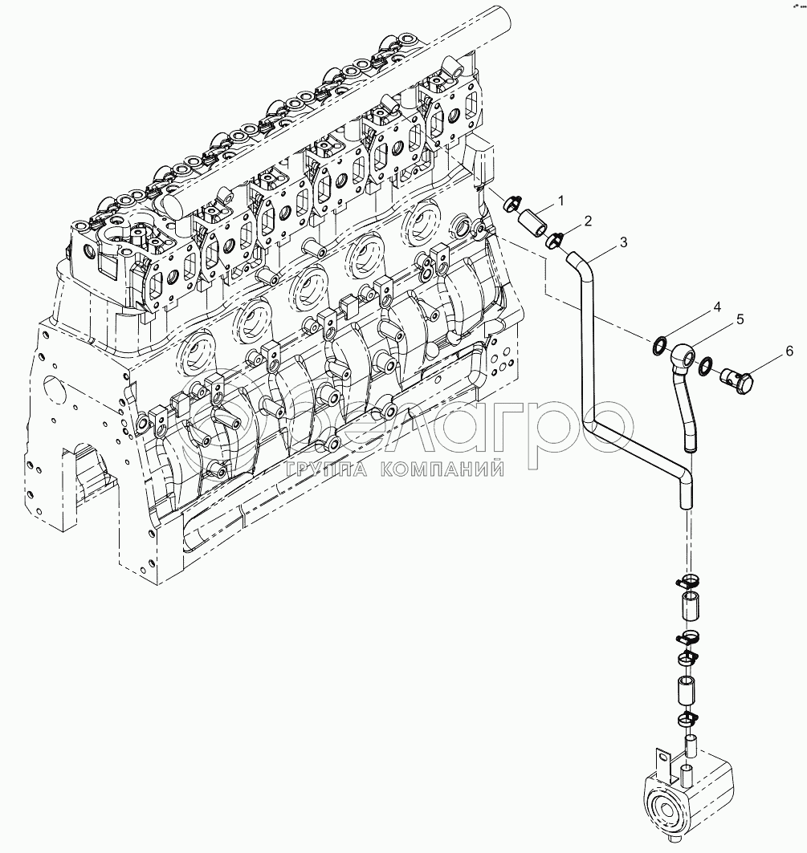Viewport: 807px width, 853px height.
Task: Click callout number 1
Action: point(561,199)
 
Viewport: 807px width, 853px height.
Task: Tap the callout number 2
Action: point(588,219)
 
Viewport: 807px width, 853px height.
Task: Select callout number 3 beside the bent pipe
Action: point(623,241)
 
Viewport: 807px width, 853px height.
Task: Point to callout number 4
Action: point(717,307)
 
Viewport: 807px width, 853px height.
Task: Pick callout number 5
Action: point(740,319)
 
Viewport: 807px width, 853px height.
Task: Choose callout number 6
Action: point(789,351)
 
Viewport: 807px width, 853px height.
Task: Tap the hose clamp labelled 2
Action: point(554,238)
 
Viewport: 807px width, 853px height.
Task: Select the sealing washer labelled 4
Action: point(658,346)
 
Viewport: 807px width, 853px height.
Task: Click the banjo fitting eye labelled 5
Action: point(683,354)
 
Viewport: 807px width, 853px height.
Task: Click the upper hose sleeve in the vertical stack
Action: point(688,607)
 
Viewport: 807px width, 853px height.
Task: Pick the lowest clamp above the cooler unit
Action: point(689,717)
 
